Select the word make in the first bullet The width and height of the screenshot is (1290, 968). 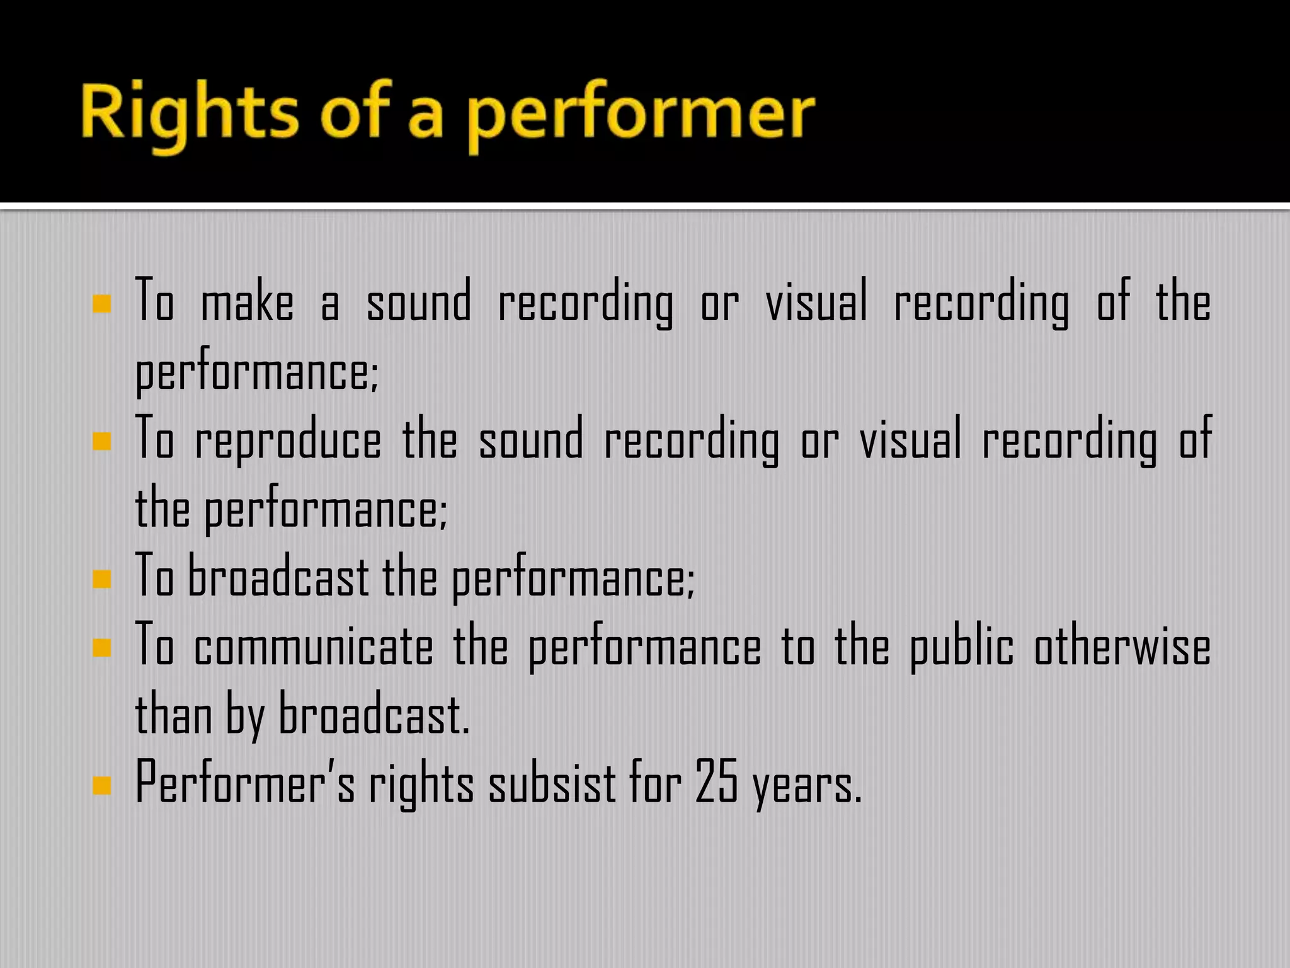(x=247, y=303)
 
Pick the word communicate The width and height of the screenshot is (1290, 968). (x=313, y=648)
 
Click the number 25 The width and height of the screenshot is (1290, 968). (x=716, y=783)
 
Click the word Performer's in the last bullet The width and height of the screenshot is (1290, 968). (x=245, y=783)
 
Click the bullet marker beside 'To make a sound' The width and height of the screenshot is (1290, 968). (x=101, y=304)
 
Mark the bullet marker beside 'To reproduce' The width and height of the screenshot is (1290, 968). (x=101, y=441)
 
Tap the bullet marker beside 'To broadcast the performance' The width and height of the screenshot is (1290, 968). (x=101, y=579)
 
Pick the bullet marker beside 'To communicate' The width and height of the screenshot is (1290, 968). (x=101, y=647)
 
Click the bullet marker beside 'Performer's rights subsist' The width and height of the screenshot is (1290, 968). (x=101, y=785)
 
